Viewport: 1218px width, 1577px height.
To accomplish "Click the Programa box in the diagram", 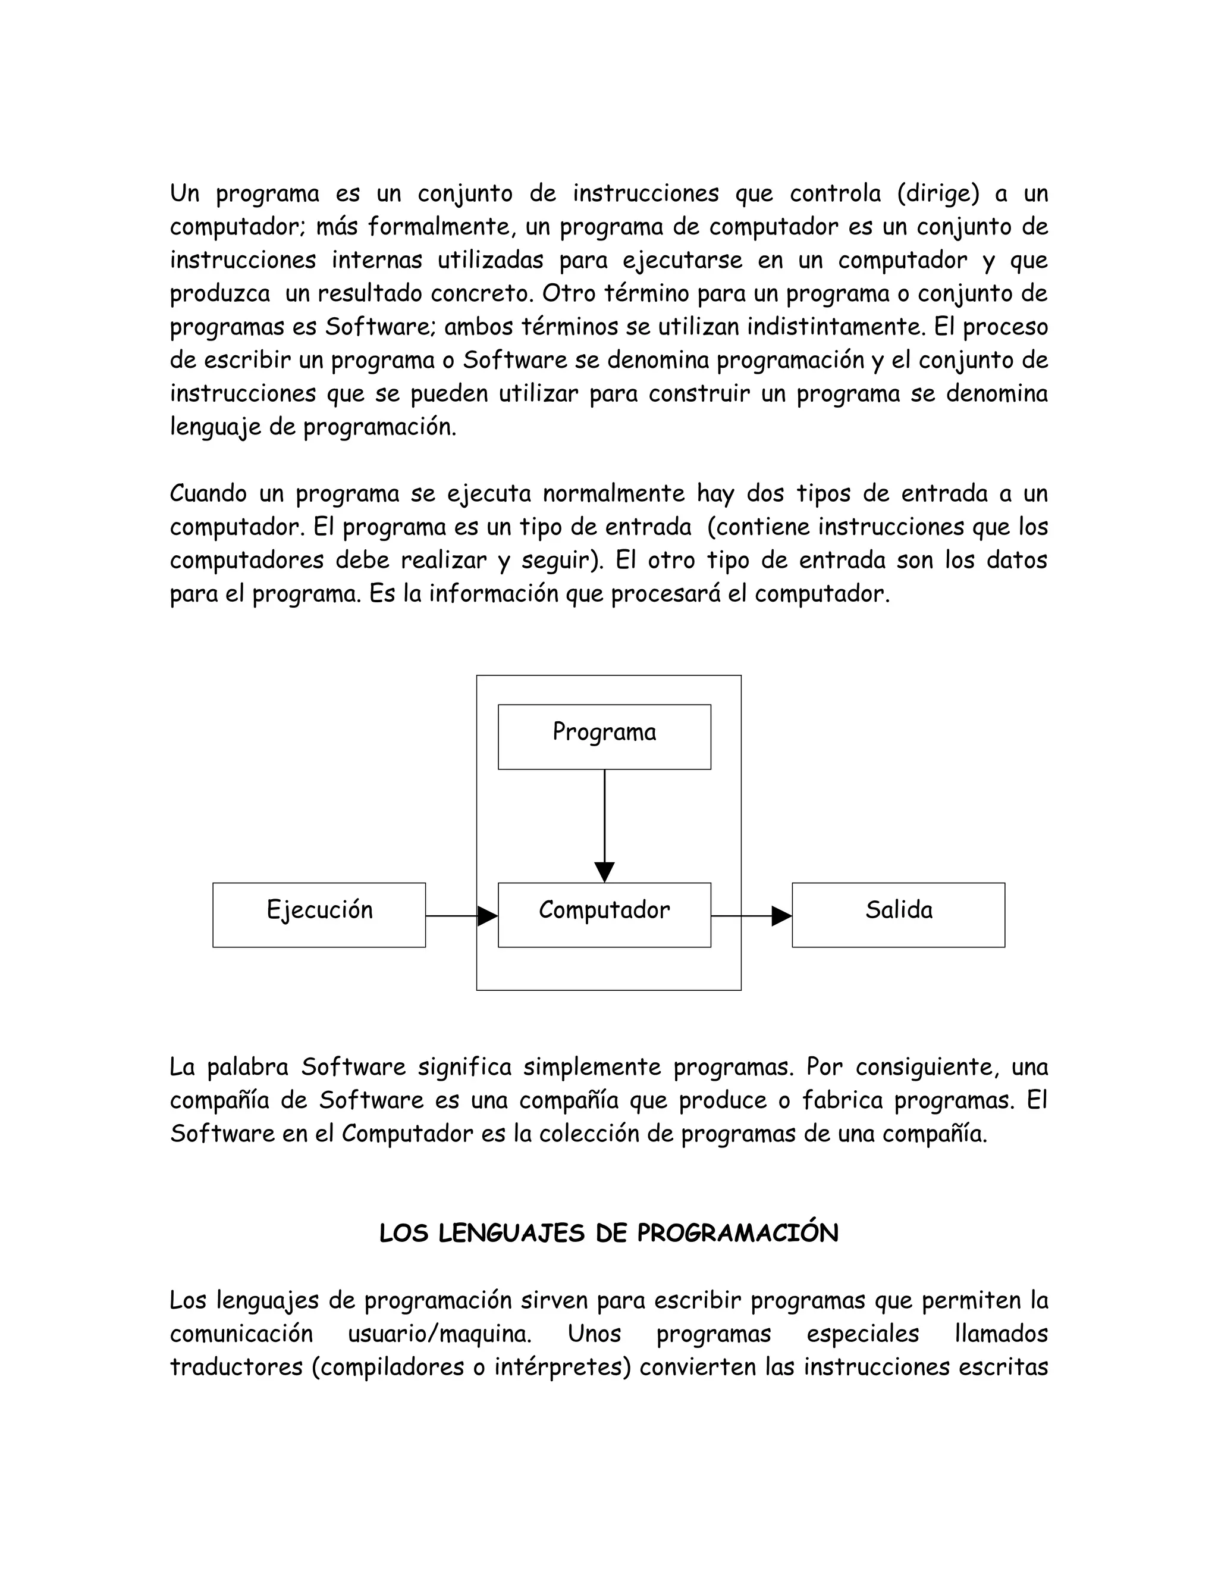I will pos(604,737).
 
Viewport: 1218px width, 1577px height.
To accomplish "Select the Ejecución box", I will pos(319,914).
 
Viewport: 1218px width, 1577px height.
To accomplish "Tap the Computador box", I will pos(604,914).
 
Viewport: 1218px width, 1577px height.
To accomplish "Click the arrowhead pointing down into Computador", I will pos(604,872).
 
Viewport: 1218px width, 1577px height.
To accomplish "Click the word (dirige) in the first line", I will pos(938,193).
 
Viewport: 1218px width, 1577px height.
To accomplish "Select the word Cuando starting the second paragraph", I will pos(208,494).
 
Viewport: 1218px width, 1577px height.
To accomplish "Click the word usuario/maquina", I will pos(440,1334).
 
